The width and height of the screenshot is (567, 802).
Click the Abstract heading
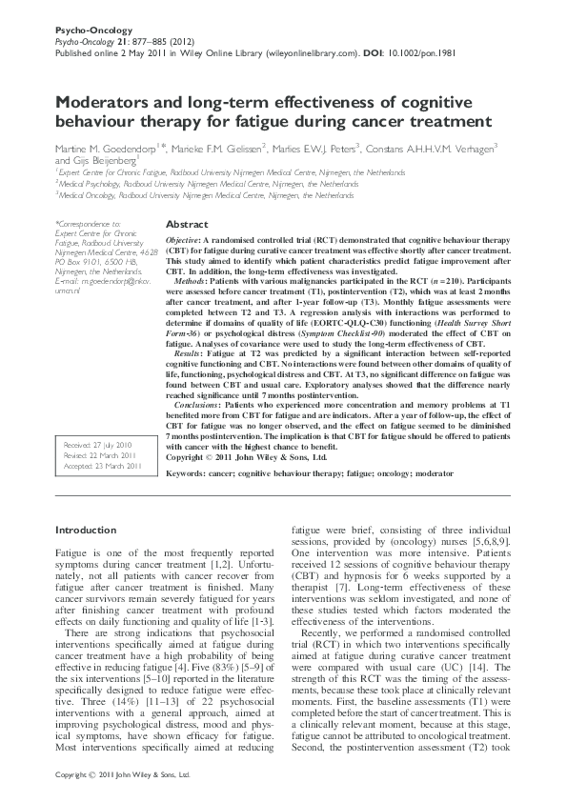tap(186, 223)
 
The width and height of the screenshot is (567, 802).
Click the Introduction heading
tap(86, 530)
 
